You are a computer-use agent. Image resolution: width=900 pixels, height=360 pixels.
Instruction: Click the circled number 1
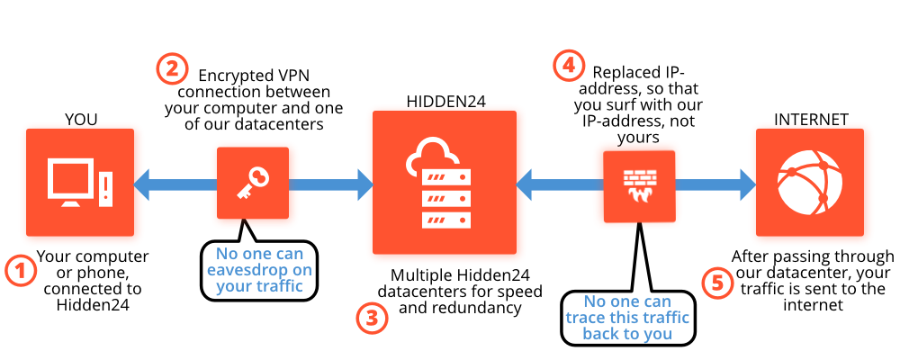point(20,271)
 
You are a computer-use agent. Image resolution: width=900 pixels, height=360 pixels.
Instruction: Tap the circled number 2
point(172,69)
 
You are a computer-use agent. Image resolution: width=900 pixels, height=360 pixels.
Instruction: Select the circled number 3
point(373,318)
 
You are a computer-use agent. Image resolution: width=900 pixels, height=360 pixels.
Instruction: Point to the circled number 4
point(568,65)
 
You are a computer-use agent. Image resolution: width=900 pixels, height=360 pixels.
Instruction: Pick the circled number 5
point(717,283)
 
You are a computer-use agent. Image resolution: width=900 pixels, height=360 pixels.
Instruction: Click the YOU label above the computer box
point(81,120)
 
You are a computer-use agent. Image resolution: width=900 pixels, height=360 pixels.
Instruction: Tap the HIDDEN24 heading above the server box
point(446,102)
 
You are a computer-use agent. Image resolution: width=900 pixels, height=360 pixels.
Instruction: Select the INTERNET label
point(811,120)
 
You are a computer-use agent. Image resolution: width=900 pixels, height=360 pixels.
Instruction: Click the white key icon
point(253,182)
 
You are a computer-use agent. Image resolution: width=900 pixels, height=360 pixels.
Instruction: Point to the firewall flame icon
point(639,186)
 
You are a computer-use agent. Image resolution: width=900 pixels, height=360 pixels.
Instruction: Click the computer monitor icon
point(71,182)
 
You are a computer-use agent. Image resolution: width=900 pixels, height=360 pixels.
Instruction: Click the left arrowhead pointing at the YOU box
point(141,184)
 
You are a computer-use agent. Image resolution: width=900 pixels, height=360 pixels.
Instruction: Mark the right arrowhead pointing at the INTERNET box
point(747,184)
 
